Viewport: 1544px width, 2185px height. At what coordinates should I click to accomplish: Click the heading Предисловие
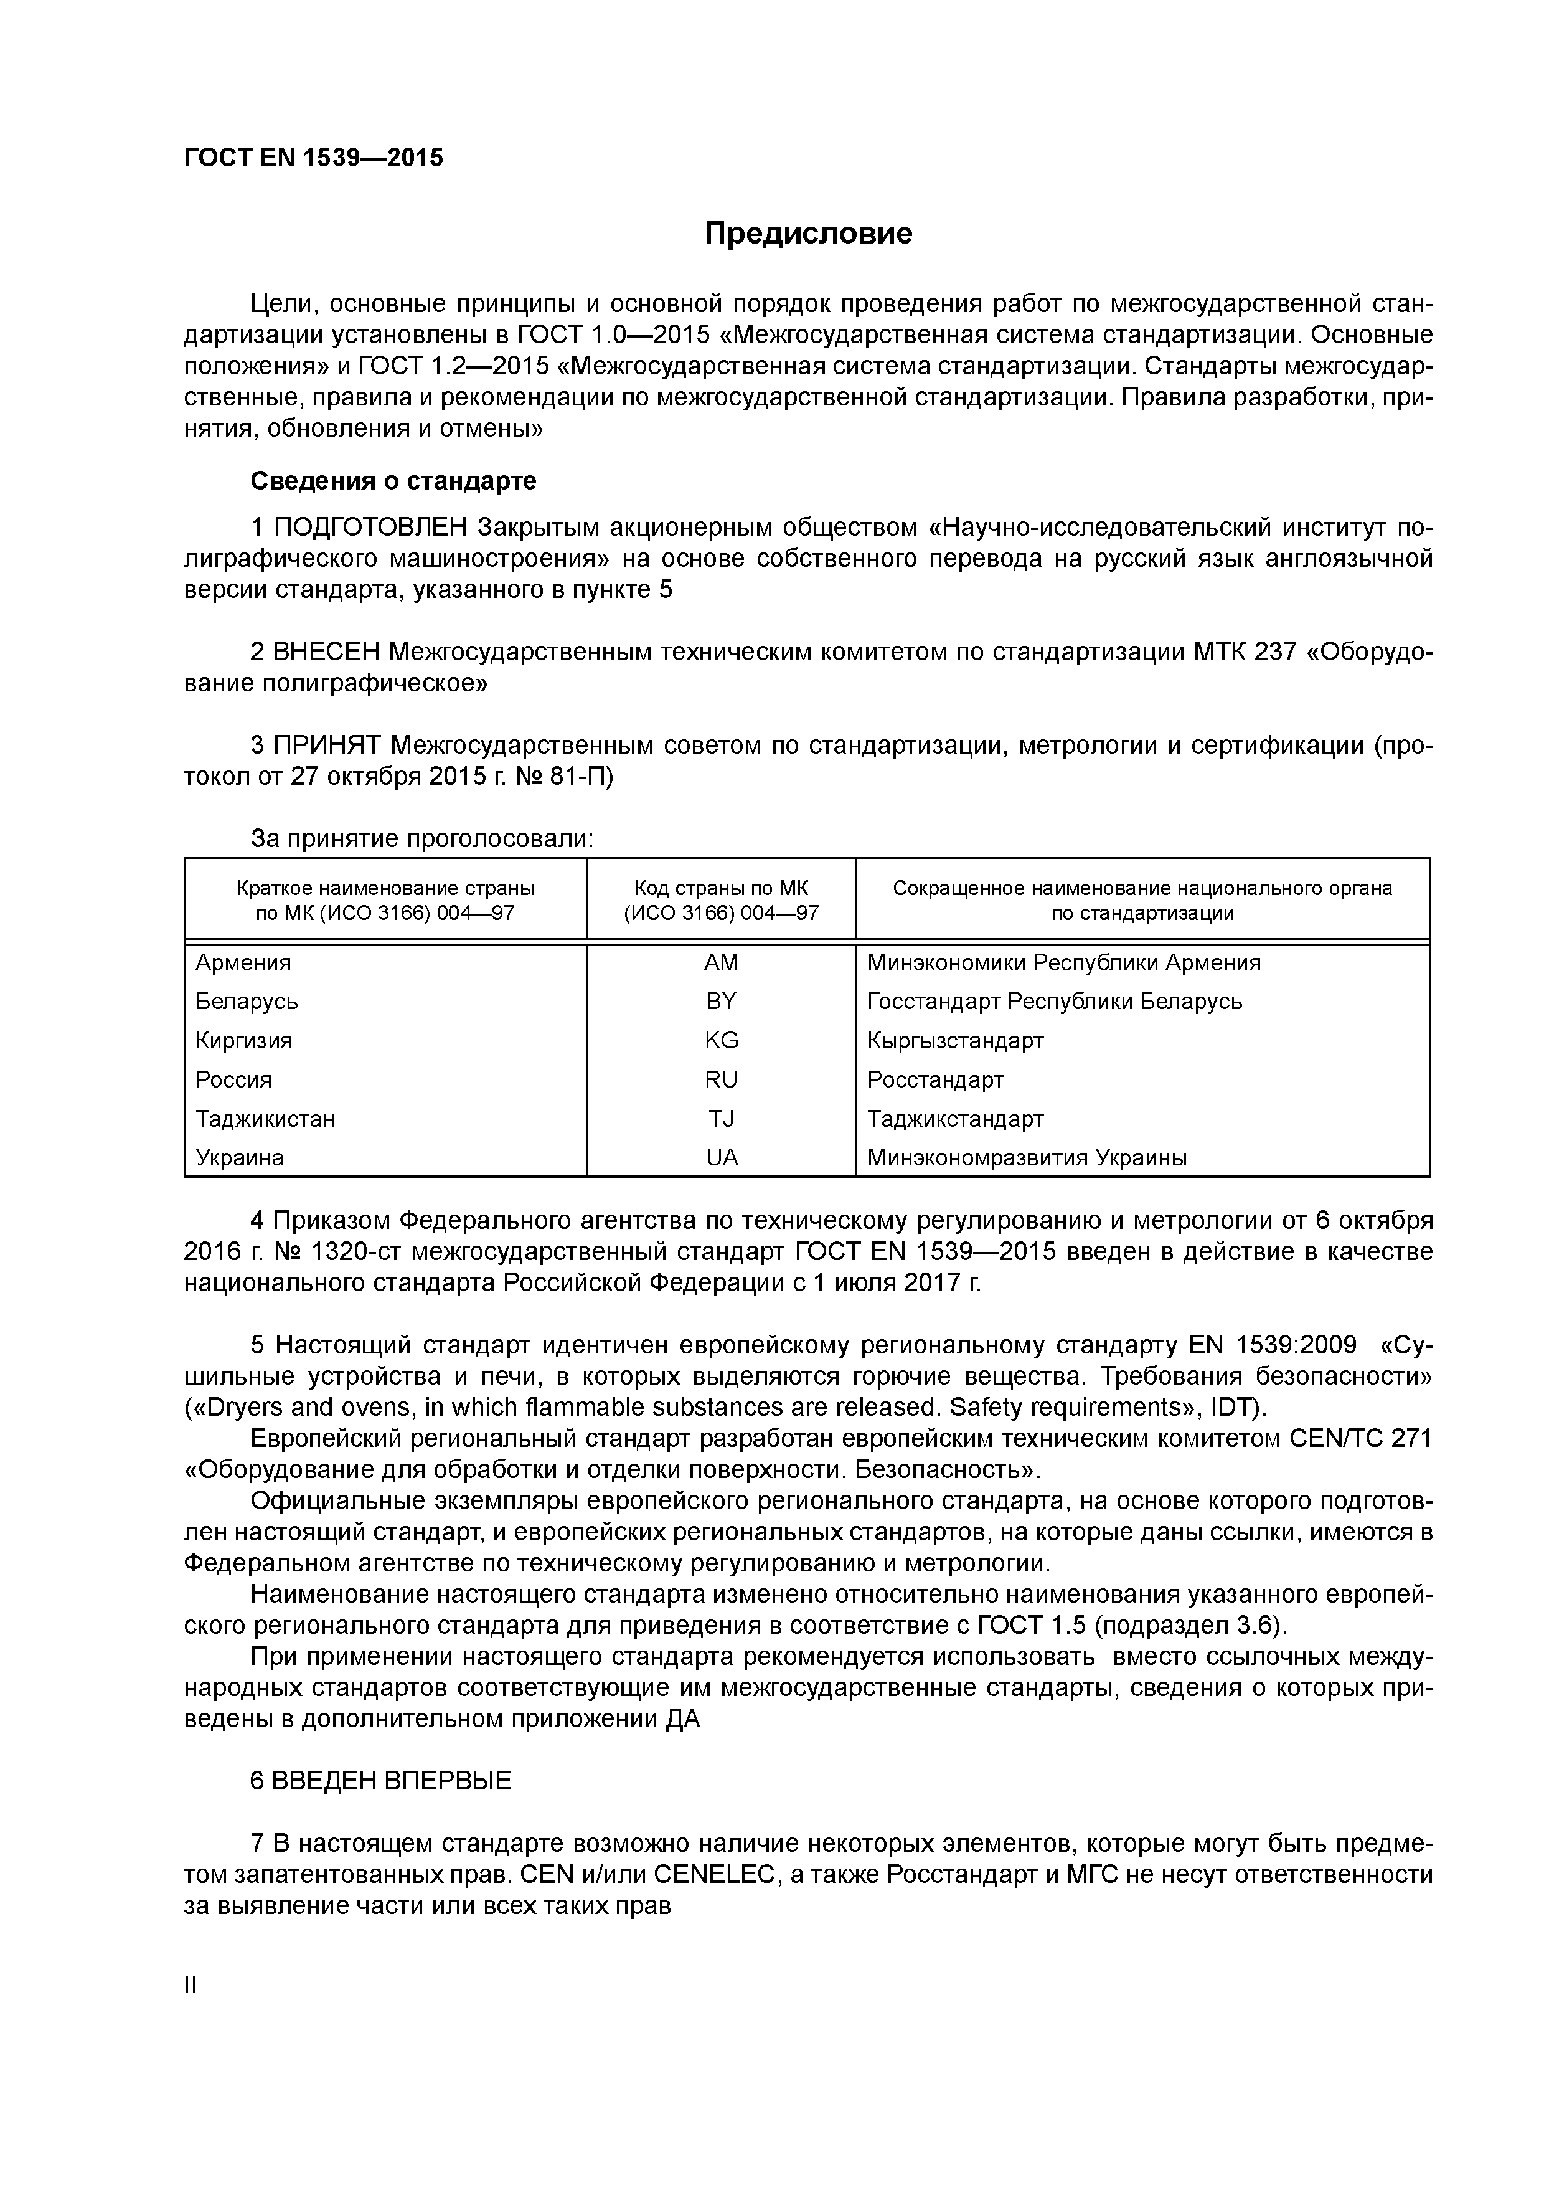[807, 233]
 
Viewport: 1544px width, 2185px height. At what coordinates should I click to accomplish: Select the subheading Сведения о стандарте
[393, 481]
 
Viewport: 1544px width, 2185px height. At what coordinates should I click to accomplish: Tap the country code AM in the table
[720, 962]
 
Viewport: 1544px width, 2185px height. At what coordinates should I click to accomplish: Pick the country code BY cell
[720, 1001]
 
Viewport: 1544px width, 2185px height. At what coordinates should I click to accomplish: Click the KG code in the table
[720, 1040]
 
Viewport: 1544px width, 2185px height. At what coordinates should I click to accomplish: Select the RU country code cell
[720, 1079]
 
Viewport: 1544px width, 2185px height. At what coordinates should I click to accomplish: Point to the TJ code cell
[720, 1118]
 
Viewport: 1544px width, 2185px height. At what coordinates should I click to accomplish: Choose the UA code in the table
[720, 1157]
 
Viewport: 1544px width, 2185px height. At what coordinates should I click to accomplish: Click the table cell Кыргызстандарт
[955, 1040]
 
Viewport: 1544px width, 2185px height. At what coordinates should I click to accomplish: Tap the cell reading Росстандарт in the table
[935, 1079]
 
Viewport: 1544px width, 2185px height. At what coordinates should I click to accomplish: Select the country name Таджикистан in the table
[265, 1118]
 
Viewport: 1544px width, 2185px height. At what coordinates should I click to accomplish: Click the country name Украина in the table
[240, 1157]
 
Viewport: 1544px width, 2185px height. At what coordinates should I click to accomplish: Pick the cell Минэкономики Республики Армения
[1063, 962]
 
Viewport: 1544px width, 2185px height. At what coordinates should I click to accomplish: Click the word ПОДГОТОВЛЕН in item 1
[371, 527]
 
